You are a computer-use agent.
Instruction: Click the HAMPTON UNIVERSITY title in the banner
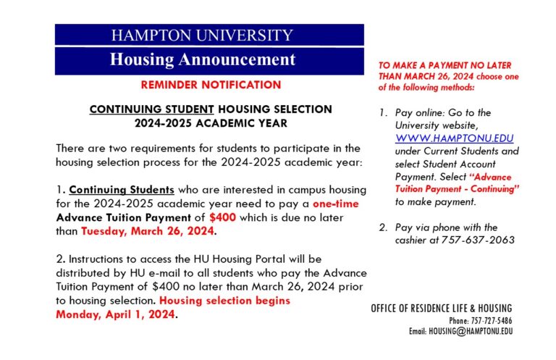(202, 35)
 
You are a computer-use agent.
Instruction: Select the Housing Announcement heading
(202, 59)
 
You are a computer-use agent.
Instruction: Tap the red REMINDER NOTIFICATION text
(211, 85)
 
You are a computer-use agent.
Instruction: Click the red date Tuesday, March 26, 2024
(148, 232)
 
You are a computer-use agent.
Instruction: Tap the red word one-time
(338, 204)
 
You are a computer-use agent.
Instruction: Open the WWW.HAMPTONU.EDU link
(445, 138)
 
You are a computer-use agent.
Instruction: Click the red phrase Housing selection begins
(224, 301)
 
